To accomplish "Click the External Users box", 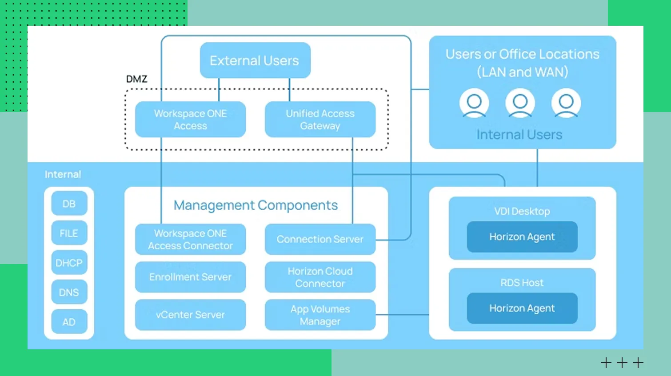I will [x=255, y=60].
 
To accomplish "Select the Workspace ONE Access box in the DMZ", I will [x=190, y=120].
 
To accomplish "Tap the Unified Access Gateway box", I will [x=320, y=120].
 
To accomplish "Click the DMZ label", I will [x=136, y=79].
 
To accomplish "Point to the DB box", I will [x=69, y=204].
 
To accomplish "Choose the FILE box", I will [x=69, y=233].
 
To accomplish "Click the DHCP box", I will [x=69, y=263].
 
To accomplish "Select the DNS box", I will [x=69, y=292].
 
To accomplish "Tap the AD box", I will [x=69, y=322].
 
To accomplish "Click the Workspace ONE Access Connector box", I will [x=190, y=240].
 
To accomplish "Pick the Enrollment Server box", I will [x=190, y=277].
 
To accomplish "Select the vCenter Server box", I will [x=190, y=315].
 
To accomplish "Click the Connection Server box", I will [x=320, y=239].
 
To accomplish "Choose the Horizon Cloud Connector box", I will [x=320, y=277].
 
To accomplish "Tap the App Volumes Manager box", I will [x=320, y=315].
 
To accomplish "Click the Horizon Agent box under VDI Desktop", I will [x=522, y=237].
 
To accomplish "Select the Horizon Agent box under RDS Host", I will [x=522, y=308].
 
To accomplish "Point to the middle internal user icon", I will [x=520, y=103].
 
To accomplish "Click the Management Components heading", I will [x=256, y=205].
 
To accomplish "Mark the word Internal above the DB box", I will [x=63, y=174].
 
